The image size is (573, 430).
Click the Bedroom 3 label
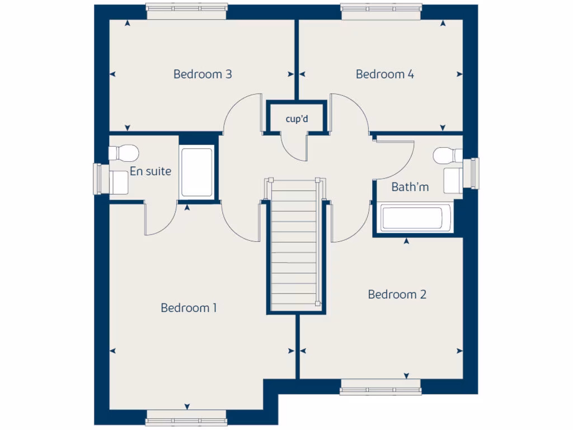click(x=203, y=74)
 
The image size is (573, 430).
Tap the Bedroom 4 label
click(x=385, y=74)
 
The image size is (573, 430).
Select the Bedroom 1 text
click(x=189, y=307)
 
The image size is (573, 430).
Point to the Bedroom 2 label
click(x=397, y=295)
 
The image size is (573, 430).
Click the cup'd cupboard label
click(x=297, y=119)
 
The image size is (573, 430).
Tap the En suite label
click(x=151, y=171)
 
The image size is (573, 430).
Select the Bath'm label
click(x=410, y=187)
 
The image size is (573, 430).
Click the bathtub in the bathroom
click(x=415, y=218)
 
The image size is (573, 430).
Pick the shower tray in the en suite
click(x=196, y=171)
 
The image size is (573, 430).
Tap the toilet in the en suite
click(x=123, y=152)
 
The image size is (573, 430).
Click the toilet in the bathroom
click(x=448, y=155)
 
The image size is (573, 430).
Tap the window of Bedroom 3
click(x=186, y=8)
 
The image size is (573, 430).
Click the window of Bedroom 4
click(x=381, y=8)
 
